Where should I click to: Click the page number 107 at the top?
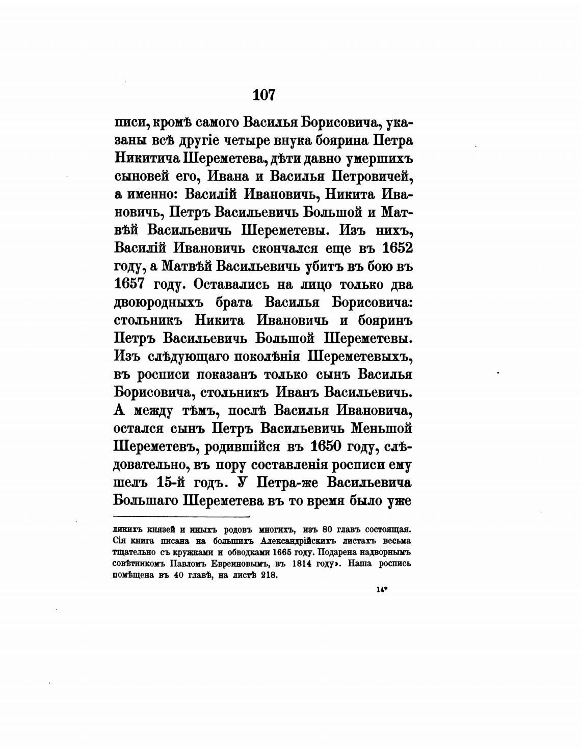(263, 95)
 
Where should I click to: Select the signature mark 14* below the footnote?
(382, 589)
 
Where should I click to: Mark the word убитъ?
(326, 266)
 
